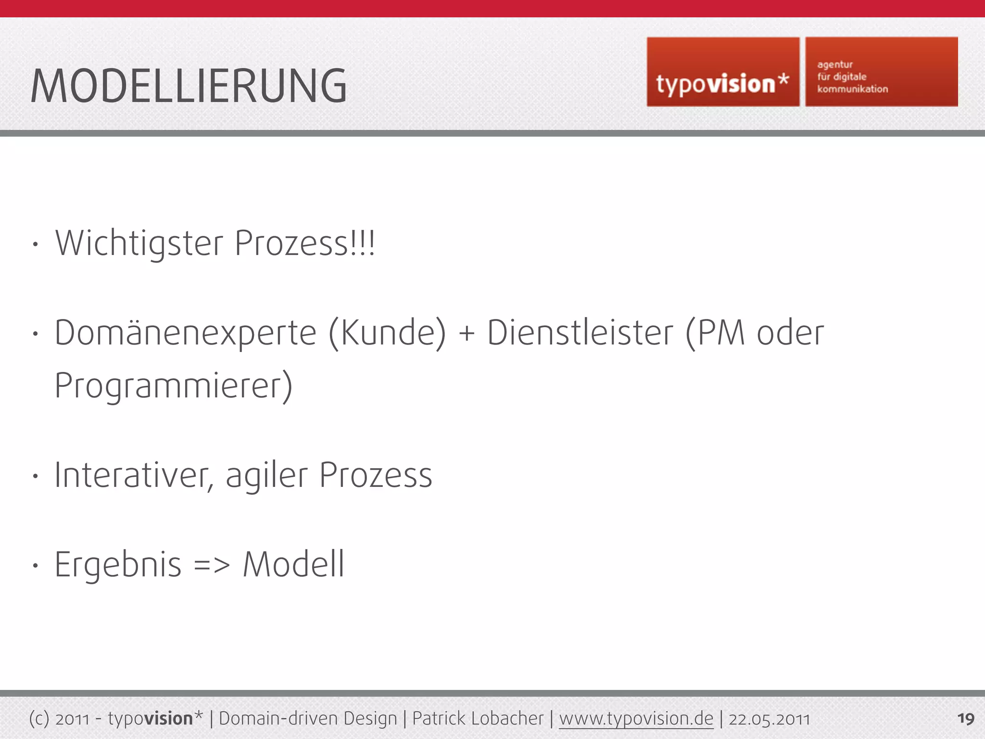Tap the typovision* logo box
point(723,72)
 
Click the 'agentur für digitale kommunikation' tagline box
point(881,72)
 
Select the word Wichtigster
point(139,243)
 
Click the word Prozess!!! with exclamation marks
point(304,243)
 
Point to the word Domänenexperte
point(186,333)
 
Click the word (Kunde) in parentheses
point(387,333)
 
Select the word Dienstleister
point(580,333)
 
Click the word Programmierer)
point(174,386)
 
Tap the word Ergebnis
point(118,565)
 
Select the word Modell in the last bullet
point(293,564)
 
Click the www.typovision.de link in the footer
point(636,719)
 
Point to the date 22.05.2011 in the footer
point(769,719)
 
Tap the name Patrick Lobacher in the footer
point(478,719)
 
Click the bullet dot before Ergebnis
point(35,566)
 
